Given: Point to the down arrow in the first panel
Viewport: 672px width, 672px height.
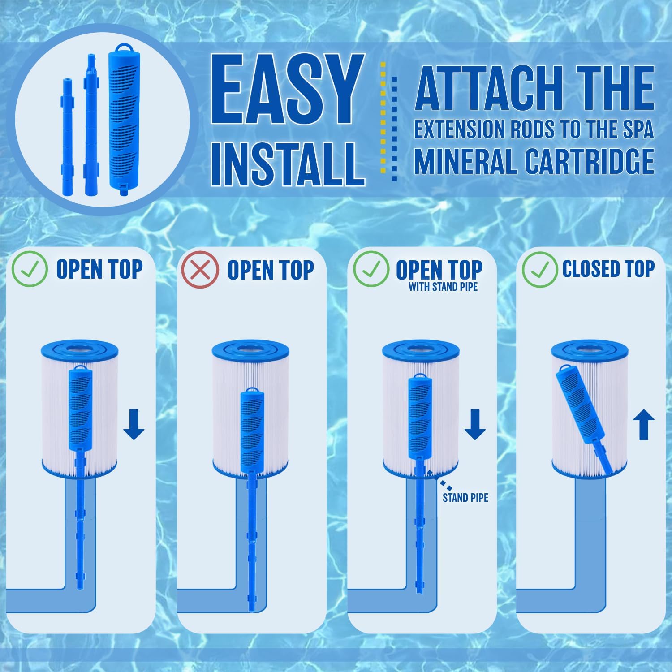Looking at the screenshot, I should coord(134,423).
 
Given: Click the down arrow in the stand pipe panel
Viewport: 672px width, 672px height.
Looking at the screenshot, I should coord(475,423).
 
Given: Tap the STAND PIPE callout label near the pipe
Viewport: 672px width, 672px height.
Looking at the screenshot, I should coord(465,497).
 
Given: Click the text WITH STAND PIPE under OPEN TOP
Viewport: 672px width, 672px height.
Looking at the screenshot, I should coord(443,287).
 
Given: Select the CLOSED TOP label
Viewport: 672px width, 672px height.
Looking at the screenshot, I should coord(608,269).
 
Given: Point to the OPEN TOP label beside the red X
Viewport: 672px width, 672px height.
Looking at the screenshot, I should coord(270,270).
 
